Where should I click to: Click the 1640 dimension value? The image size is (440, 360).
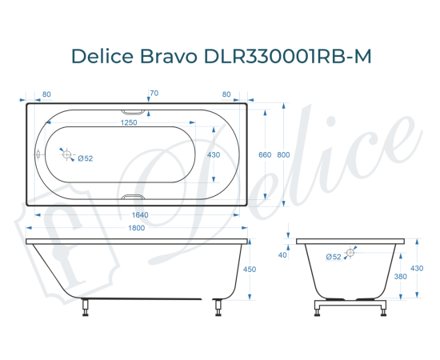coord(140,216)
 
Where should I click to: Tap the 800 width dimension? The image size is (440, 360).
coord(284,154)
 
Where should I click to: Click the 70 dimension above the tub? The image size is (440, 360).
coord(154,94)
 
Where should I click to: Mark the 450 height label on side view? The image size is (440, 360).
coord(249,270)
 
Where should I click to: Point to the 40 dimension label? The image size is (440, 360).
coord(282,255)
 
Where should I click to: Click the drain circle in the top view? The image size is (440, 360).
coord(68,155)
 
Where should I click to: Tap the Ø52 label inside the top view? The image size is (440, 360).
coord(86,158)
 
